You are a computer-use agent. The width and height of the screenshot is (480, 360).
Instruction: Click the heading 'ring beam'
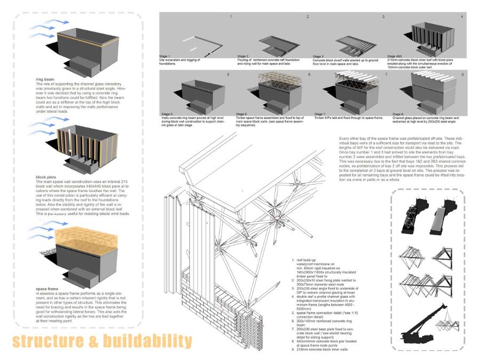click(42, 79)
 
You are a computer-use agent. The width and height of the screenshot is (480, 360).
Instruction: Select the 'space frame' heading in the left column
click(45, 289)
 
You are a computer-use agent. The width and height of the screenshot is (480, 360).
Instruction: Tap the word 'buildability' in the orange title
click(145, 340)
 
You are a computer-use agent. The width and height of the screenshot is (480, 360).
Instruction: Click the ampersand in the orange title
click(91, 340)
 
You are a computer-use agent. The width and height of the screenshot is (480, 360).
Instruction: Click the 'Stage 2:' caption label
click(243, 55)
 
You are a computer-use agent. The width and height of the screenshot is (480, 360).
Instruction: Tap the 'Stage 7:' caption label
click(320, 114)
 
